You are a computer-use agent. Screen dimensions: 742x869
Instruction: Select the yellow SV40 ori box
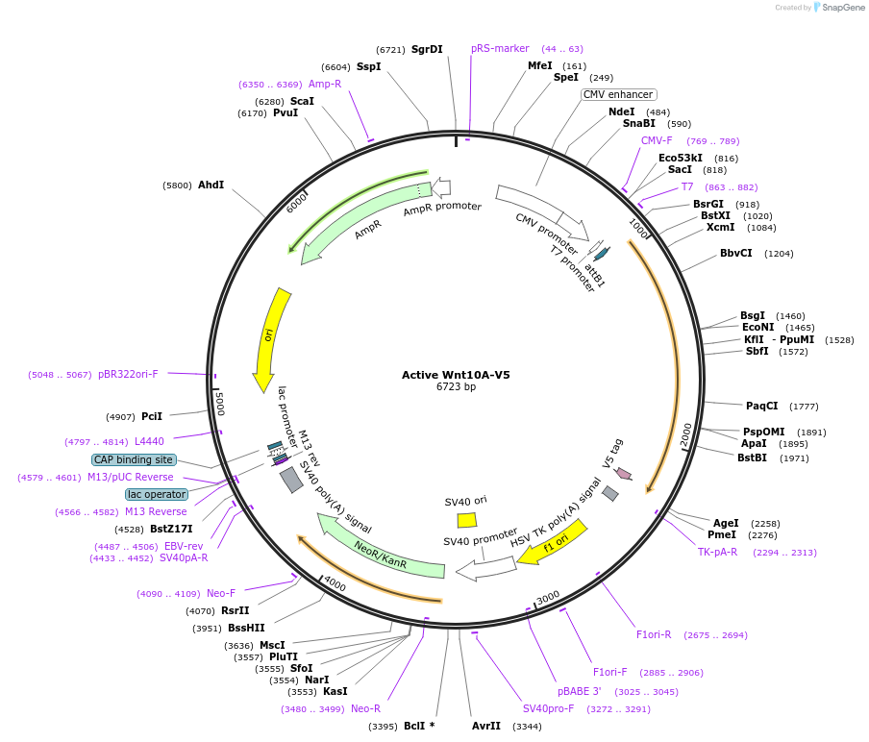467,520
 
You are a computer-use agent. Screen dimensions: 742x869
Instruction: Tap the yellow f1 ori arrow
553,542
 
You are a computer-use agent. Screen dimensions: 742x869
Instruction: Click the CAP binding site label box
134,459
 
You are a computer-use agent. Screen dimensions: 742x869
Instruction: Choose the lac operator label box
157,494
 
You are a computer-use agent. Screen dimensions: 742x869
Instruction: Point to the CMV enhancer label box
618,94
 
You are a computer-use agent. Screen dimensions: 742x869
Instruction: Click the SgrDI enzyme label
427,49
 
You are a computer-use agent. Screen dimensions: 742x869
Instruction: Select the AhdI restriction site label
211,185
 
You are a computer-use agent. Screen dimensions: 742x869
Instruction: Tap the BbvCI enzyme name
736,253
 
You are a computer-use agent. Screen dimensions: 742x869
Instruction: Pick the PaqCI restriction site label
762,406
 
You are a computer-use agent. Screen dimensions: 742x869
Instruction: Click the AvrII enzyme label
486,726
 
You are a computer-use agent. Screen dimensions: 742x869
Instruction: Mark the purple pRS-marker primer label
500,48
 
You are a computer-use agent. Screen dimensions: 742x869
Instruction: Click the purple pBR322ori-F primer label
128,374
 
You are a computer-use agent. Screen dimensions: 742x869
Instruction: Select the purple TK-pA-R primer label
717,552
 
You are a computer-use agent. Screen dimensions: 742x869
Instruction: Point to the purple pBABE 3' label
580,691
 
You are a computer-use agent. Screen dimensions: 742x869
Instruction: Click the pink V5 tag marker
624,473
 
